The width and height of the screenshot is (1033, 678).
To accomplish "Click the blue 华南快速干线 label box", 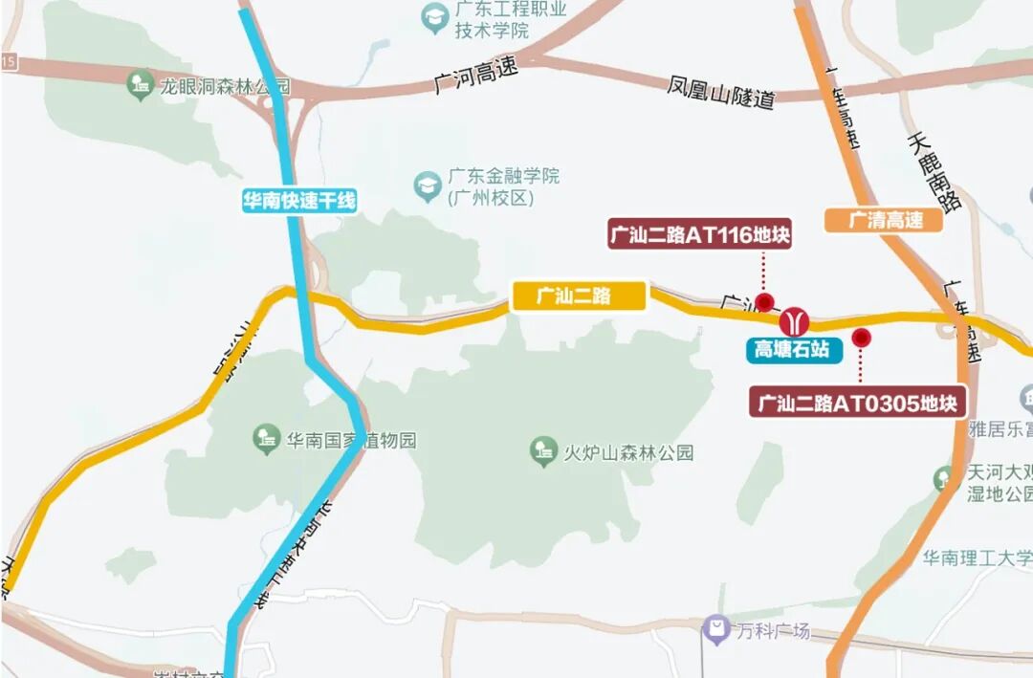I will click(298, 201).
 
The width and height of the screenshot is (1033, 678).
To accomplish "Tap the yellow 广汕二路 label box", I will click(578, 296).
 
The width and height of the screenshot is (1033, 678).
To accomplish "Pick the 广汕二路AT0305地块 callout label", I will click(857, 403).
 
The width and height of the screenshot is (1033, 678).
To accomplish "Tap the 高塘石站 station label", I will click(793, 350).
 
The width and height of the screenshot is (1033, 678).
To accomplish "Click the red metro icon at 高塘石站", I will click(794, 321).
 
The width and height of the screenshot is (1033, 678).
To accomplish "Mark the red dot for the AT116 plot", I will click(764, 303).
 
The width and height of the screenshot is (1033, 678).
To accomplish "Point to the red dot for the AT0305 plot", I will click(861, 338).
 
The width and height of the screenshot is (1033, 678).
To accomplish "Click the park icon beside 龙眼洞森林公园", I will click(141, 85).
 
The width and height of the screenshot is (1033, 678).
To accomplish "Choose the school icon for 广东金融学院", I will click(427, 186).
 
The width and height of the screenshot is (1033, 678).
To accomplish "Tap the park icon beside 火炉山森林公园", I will click(543, 451).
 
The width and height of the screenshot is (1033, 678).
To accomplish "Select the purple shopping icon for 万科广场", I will click(715, 629).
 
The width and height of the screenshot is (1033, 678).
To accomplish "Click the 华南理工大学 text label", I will click(977, 558).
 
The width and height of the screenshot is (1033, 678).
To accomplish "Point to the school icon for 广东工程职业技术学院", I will click(435, 17).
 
